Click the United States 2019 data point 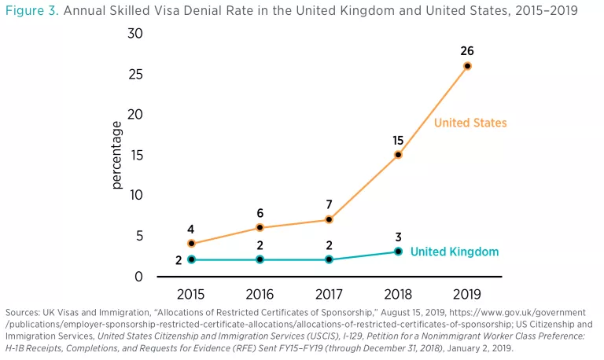(x=467, y=66)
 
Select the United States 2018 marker (x=398, y=155)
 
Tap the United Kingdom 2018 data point (x=398, y=252)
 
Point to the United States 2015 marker (x=191, y=244)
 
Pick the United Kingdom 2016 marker (x=260, y=259)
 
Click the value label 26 (x=467, y=51)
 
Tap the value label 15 (x=398, y=141)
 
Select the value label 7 (x=330, y=205)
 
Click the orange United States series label (x=470, y=123)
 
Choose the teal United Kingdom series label (x=454, y=252)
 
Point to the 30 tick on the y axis (x=134, y=33)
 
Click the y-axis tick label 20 (x=134, y=114)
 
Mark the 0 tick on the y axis (x=138, y=277)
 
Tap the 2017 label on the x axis (x=330, y=295)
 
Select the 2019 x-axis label (x=467, y=295)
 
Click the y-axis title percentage (x=116, y=155)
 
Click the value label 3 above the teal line (x=398, y=237)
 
